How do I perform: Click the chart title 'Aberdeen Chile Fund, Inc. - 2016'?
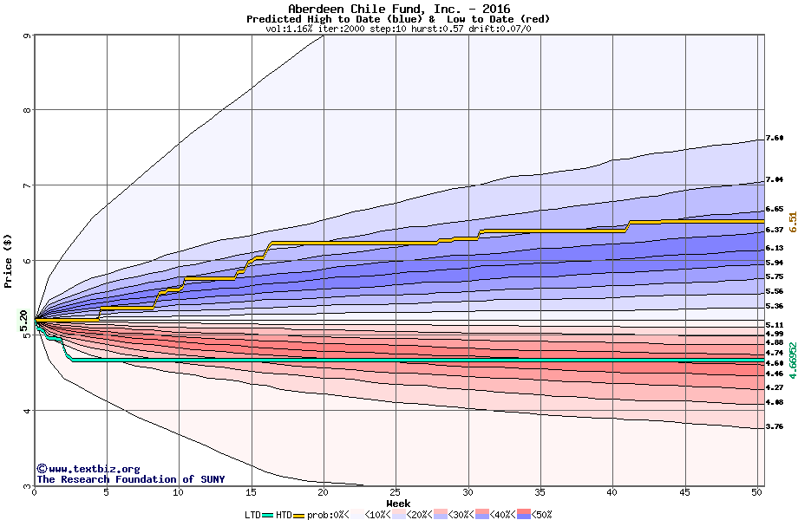(x=398, y=9)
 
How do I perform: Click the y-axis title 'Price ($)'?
(x=9, y=261)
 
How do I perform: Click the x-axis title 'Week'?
(x=398, y=504)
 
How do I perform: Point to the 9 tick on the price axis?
(x=28, y=36)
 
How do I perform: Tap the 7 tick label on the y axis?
(x=28, y=185)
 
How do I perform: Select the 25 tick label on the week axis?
(x=396, y=492)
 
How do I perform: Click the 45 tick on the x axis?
(x=684, y=492)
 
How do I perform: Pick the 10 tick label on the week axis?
(x=179, y=492)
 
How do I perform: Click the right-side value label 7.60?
(x=775, y=138)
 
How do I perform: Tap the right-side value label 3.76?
(x=775, y=426)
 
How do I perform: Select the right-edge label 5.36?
(x=775, y=306)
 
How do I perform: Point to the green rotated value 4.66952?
(x=792, y=358)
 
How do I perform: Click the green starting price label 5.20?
(x=24, y=320)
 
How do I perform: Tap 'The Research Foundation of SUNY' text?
(x=130, y=479)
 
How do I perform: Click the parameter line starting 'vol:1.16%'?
(x=398, y=29)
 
